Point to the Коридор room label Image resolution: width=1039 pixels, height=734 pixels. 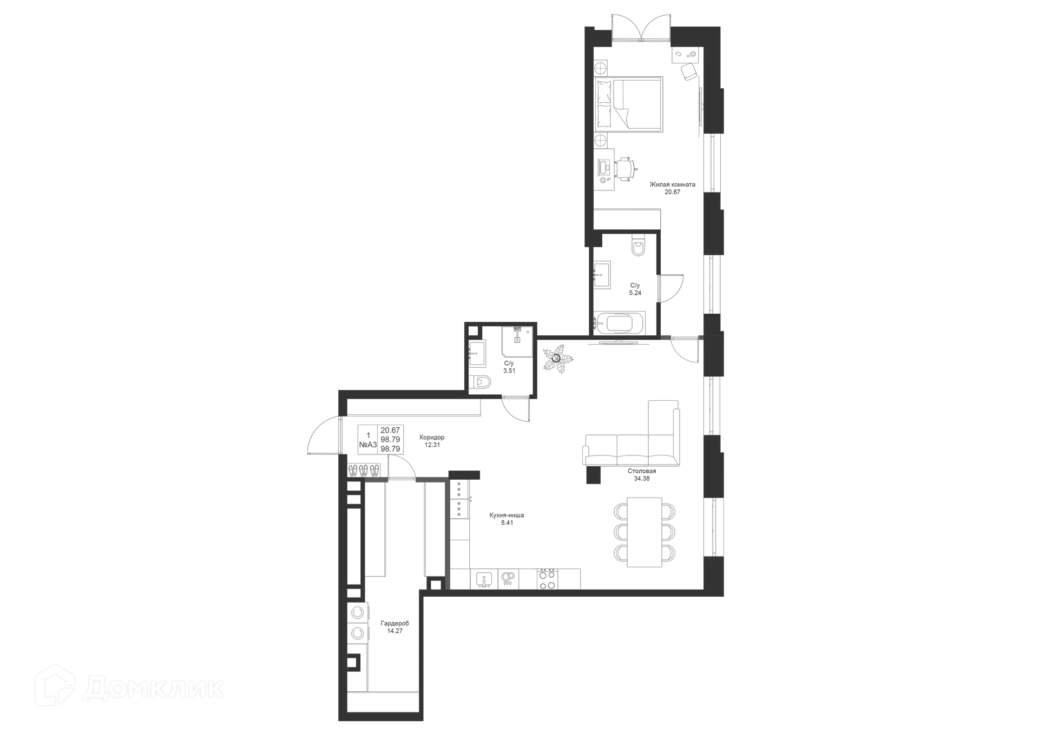(x=432, y=437)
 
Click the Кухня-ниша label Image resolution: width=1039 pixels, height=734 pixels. (x=507, y=515)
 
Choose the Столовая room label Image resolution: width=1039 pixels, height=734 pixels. (x=642, y=472)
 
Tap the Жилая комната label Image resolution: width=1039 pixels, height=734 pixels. (x=673, y=184)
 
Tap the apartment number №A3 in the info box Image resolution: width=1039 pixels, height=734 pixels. (x=368, y=445)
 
